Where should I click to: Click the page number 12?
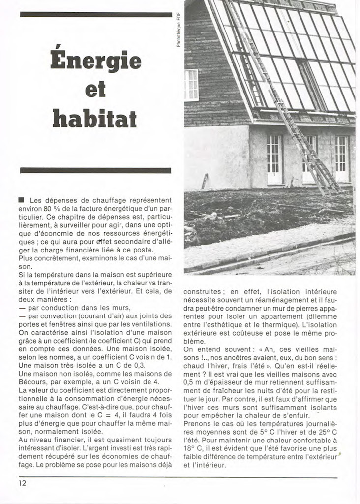click(x=23, y=483)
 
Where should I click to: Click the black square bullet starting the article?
click(x=21, y=200)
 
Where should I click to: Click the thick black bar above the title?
click(x=95, y=14)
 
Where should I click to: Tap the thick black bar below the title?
click(x=95, y=170)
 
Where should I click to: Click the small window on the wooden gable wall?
click(x=191, y=85)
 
